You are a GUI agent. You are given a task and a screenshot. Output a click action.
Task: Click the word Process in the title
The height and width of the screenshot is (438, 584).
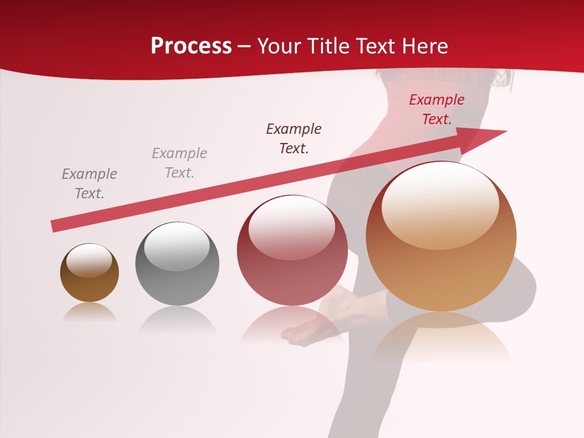click(191, 46)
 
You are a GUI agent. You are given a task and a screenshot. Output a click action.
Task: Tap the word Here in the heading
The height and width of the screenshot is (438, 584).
click(422, 46)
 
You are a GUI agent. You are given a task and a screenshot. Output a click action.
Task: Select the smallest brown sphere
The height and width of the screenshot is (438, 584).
click(89, 273)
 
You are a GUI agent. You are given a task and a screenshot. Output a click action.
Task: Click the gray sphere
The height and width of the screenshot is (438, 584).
click(177, 264)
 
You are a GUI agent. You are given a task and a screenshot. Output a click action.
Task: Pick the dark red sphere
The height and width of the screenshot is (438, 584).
click(292, 251)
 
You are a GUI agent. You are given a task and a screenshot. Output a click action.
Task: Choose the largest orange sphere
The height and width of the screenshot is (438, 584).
click(441, 237)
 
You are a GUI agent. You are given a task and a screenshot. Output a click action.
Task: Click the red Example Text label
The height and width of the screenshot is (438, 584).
click(436, 109)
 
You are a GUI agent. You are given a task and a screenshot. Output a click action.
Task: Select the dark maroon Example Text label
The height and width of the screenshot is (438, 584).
click(294, 138)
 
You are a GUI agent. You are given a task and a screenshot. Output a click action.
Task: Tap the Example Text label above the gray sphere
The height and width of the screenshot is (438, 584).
click(179, 162)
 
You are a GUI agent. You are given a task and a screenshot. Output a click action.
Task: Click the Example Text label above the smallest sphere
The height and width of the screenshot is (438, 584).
click(89, 183)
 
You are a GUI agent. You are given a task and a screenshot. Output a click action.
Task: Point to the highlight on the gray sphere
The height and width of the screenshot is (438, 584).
click(176, 246)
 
